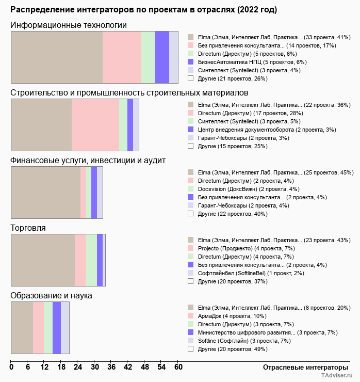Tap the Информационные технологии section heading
(69, 25)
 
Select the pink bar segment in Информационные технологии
(122, 57)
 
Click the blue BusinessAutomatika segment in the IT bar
(162, 57)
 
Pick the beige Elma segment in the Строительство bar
(41, 124)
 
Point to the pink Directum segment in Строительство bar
(95, 124)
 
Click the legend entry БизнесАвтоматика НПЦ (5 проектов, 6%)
(248, 62)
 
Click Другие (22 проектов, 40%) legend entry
(232, 214)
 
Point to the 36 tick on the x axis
(111, 368)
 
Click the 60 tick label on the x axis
(178, 368)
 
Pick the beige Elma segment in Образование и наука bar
(22, 328)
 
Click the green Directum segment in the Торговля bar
(91, 260)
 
